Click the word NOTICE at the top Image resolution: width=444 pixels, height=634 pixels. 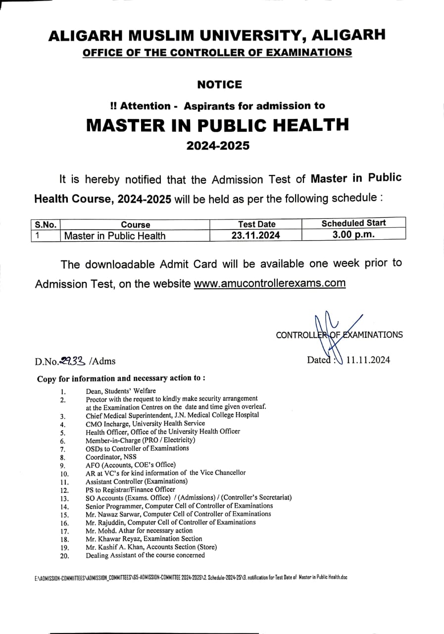click(x=219, y=85)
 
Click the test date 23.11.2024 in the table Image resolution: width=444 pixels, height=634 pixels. click(x=255, y=236)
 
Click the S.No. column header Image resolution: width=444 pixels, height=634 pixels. click(x=45, y=224)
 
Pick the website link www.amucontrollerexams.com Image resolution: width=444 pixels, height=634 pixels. click(x=269, y=284)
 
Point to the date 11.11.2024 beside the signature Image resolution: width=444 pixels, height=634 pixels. click(x=368, y=360)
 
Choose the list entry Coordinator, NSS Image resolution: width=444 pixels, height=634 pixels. click(x=111, y=457)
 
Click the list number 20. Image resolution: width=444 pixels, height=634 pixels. click(x=64, y=556)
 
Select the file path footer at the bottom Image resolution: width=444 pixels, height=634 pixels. click(x=191, y=578)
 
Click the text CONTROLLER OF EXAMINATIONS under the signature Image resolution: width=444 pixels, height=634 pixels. click(x=339, y=335)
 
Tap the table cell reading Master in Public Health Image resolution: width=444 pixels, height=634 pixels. click(x=115, y=236)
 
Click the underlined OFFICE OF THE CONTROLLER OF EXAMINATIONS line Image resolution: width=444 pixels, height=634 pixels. click(x=217, y=52)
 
